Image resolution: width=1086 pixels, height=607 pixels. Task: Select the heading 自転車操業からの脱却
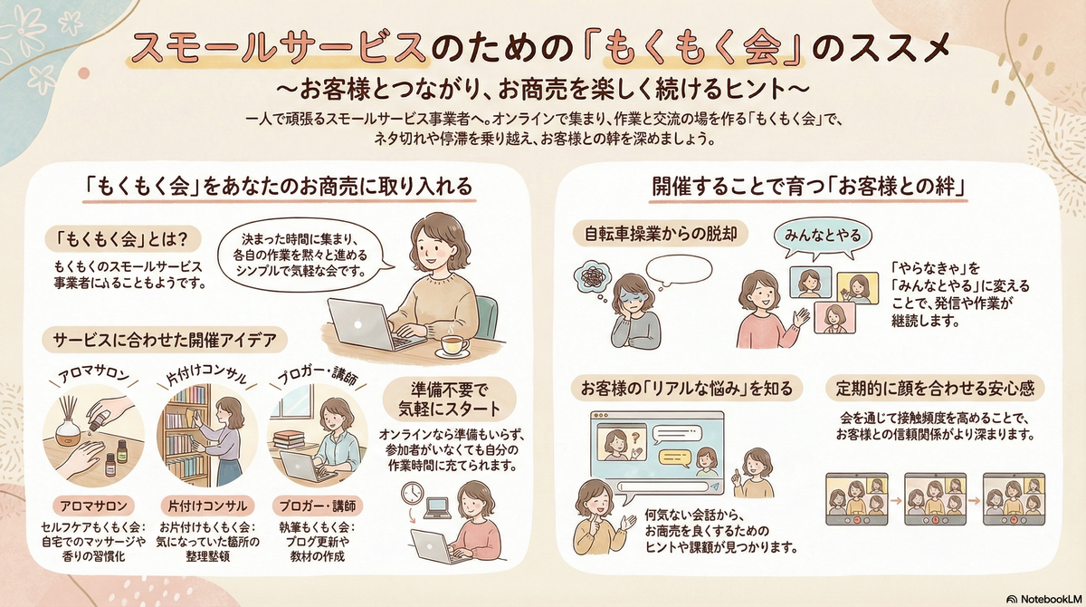664,233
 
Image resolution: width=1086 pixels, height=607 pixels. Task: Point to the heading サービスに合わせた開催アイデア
165,340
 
